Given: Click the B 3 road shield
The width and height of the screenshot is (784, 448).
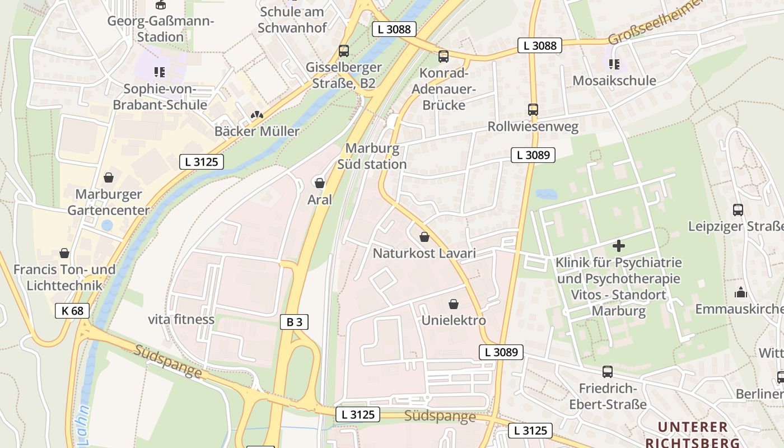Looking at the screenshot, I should tap(294, 322).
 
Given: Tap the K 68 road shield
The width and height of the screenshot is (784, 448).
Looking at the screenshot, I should tap(72, 311).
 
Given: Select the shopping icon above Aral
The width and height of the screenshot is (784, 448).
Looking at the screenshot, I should tap(319, 183).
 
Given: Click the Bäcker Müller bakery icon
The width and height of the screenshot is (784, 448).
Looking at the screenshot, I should tap(256, 115).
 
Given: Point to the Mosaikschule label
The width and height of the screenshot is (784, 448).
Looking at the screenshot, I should tap(614, 81).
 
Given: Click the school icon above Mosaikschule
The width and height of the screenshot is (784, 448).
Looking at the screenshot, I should tap(614, 65).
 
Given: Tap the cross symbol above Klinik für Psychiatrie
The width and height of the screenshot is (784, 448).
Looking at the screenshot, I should tap(618, 245).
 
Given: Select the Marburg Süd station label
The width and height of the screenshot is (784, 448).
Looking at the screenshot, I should tap(372, 156).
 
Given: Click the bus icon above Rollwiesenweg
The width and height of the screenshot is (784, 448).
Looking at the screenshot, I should tap(533, 110).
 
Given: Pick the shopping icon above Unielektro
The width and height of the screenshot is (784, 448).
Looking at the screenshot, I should tap(453, 304).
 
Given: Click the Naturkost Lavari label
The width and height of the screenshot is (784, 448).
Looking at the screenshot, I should tap(424, 253).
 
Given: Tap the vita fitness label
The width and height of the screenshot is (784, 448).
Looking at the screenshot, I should tap(181, 319).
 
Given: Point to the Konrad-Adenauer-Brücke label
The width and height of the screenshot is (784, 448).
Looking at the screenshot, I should tap(444, 89).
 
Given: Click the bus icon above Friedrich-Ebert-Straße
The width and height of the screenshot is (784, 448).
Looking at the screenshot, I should tap(607, 372).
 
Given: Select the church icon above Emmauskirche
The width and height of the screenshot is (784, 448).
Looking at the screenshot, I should tap(740, 292).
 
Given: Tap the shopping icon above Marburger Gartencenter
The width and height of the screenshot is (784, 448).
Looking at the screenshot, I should tap(108, 178).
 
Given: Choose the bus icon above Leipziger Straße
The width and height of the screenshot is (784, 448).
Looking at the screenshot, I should tap(738, 211).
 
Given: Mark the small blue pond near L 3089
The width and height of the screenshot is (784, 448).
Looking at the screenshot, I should tap(546, 194).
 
